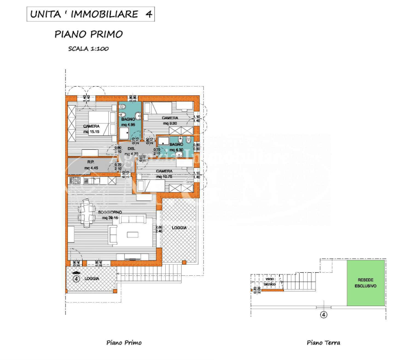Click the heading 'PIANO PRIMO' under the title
[x=89, y=34]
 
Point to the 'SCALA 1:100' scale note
[x=89, y=49]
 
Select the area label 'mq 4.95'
[x=128, y=125]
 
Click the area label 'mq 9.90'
[x=170, y=123]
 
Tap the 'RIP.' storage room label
[x=91, y=162]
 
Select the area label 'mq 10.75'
[x=164, y=176]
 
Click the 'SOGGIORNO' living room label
[x=111, y=212]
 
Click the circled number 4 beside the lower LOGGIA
[x=76, y=279]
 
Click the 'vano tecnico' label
[x=270, y=282]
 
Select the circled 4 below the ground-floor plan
[x=323, y=315]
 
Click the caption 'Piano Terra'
[x=323, y=343]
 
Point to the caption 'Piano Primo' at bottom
[x=124, y=343]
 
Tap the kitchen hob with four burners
[x=74, y=181]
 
